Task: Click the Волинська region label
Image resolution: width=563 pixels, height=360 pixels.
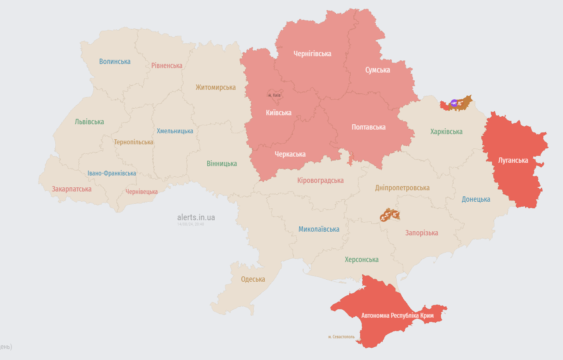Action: (115, 62)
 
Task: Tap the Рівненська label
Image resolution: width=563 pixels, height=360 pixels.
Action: (166, 66)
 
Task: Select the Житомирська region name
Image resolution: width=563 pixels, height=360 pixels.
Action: (216, 87)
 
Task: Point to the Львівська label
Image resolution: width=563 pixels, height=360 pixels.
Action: (89, 122)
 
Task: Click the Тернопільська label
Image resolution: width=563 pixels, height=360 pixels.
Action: (134, 142)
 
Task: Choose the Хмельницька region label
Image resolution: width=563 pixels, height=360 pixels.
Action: (175, 131)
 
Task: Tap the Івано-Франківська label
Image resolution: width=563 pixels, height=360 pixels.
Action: (111, 173)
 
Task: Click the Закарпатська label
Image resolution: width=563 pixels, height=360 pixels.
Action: (71, 189)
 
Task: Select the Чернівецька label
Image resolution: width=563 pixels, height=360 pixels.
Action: (141, 192)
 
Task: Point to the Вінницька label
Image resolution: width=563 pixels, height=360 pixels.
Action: (222, 164)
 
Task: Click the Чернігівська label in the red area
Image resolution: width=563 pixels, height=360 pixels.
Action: (312, 54)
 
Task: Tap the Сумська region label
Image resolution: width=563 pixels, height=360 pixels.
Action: (377, 70)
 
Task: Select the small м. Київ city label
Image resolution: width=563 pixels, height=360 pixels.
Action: (274, 96)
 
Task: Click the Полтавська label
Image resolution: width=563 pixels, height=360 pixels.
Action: (368, 127)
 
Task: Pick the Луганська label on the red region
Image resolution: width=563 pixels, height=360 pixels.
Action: (513, 160)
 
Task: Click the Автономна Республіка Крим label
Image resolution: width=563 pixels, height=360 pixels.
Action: (397, 316)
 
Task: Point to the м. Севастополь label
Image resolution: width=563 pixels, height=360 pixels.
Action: (341, 337)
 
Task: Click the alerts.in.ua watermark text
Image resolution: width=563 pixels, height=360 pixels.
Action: (196, 217)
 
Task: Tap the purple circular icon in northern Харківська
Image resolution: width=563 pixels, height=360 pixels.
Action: (454, 103)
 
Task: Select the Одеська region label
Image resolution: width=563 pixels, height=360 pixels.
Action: (253, 279)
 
